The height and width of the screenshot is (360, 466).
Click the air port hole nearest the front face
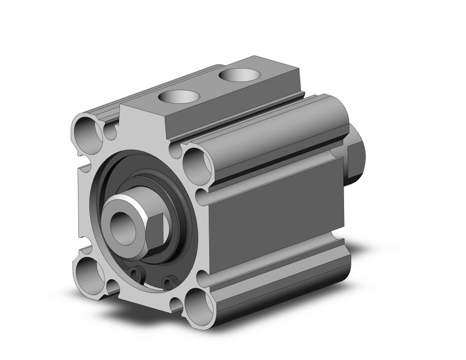(178, 97)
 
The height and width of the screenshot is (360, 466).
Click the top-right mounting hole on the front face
(197, 163)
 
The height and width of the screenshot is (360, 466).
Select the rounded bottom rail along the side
(276, 282)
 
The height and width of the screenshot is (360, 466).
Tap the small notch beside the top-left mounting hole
(110, 131)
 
